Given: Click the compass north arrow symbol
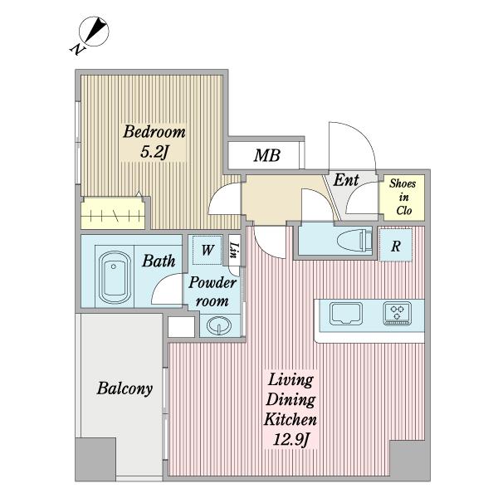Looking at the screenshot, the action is click(94, 32).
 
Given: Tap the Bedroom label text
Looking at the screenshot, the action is click(154, 132).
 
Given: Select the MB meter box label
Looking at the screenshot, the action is click(266, 155).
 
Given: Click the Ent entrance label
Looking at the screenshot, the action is click(346, 180).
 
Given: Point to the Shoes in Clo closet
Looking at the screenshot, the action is click(403, 198).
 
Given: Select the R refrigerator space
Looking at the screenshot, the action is click(395, 245).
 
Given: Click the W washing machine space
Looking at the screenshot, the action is click(207, 250).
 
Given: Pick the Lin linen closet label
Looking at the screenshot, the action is click(235, 250).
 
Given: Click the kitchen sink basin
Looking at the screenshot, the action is click(346, 314).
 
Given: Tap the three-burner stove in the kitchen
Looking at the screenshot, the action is click(398, 314).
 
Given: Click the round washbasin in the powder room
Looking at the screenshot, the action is click(219, 325).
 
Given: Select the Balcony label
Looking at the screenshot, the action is click(124, 388).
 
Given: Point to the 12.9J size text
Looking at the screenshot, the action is click(291, 440).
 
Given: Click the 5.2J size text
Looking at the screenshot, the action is click(154, 152).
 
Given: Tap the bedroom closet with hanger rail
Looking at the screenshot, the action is click(114, 212).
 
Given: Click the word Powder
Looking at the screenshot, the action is click(212, 282).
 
